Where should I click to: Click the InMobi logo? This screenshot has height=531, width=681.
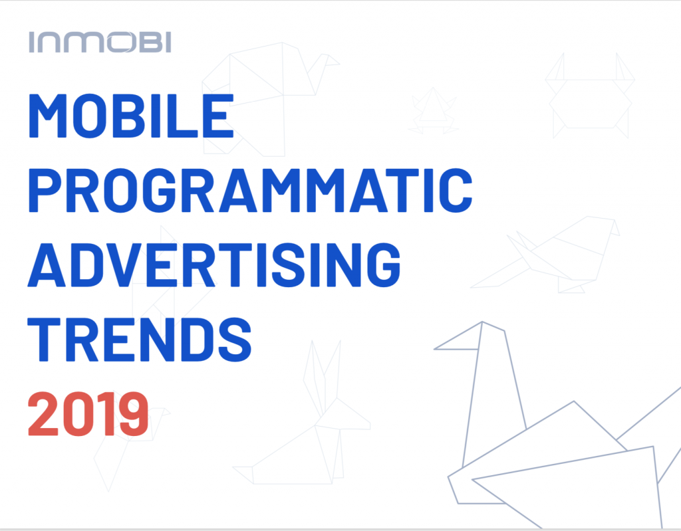[x=100, y=42]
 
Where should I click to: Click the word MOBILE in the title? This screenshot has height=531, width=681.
[x=131, y=116]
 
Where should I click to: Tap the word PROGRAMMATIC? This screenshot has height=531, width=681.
[x=250, y=190]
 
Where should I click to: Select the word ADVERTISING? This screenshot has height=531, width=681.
[x=214, y=265]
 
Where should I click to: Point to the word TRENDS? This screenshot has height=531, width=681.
[x=140, y=339]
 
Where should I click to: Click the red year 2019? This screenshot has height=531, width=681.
[x=88, y=414]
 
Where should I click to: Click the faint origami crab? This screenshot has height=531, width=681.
[x=590, y=96]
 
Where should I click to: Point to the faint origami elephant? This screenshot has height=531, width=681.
[x=269, y=99]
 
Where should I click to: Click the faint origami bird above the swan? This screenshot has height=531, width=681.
[x=545, y=255]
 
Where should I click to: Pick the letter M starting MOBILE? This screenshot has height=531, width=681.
[x=48, y=116]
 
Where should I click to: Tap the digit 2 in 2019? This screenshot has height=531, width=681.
[x=43, y=414]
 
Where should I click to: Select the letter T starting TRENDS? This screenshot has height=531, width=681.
[x=44, y=340]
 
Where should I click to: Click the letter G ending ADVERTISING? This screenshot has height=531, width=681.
[x=384, y=265]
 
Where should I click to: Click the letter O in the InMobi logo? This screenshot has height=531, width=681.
[x=117, y=42]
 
